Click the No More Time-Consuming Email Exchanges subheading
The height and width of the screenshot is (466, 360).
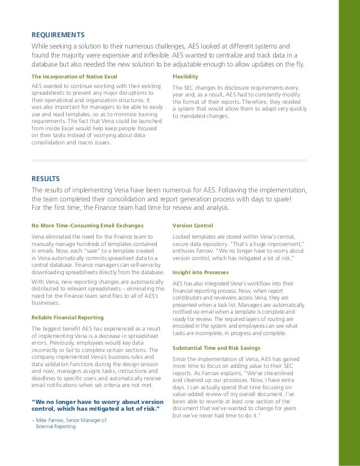pyautogui.click(x=88, y=225)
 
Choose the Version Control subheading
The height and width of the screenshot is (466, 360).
pyautogui.click(x=192, y=225)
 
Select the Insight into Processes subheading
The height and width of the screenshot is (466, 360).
pyautogui.click(x=200, y=271)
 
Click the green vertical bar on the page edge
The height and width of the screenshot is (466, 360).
pyautogui.click(x=348, y=233)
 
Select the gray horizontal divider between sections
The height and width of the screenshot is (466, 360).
pyautogui.click(x=169, y=160)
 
